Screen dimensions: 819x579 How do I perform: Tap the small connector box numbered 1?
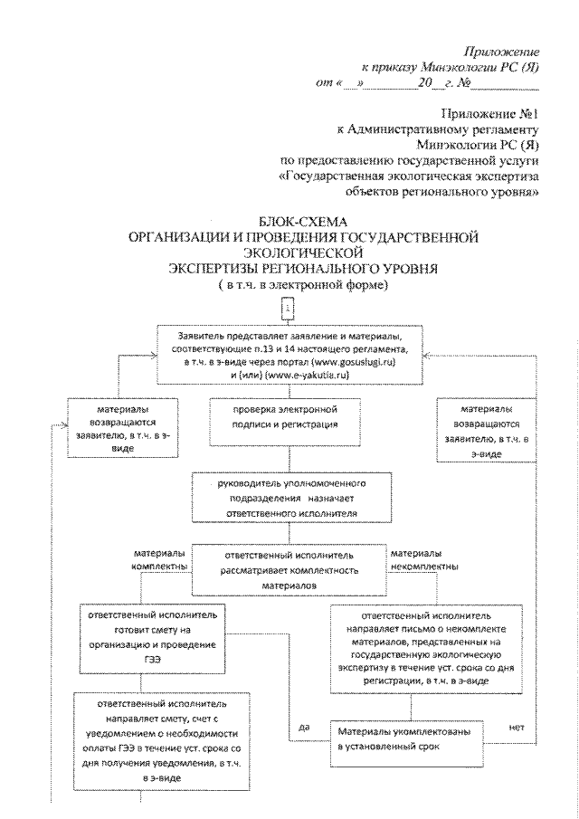289,309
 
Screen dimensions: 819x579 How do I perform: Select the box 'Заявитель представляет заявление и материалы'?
289,354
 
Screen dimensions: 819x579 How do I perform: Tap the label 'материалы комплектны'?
160,559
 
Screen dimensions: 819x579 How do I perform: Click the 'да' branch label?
304,727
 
